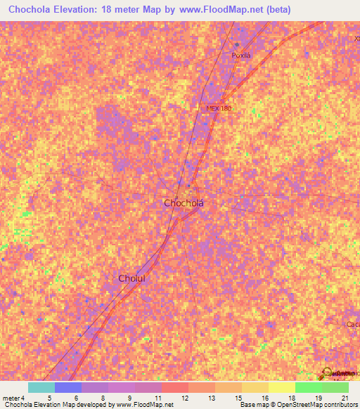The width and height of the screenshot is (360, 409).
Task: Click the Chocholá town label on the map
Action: (x=188, y=203)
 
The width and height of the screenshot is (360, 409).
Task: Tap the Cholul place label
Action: (x=131, y=278)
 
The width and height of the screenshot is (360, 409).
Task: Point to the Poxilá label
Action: (x=241, y=55)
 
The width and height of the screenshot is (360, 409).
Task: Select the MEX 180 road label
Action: (x=219, y=108)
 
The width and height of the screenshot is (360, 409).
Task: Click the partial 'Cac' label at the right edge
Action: (x=352, y=324)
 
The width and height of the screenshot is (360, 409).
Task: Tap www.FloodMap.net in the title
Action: (x=218, y=10)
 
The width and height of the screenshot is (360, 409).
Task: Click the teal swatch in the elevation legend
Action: (x=41, y=387)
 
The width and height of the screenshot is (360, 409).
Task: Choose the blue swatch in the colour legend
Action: (x=68, y=387)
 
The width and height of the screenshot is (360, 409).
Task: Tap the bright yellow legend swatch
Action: (x=282, y=387)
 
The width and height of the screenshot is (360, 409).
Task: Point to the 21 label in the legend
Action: (x=345, y=397)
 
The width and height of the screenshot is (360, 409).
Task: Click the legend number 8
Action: (x=103, y=397)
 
